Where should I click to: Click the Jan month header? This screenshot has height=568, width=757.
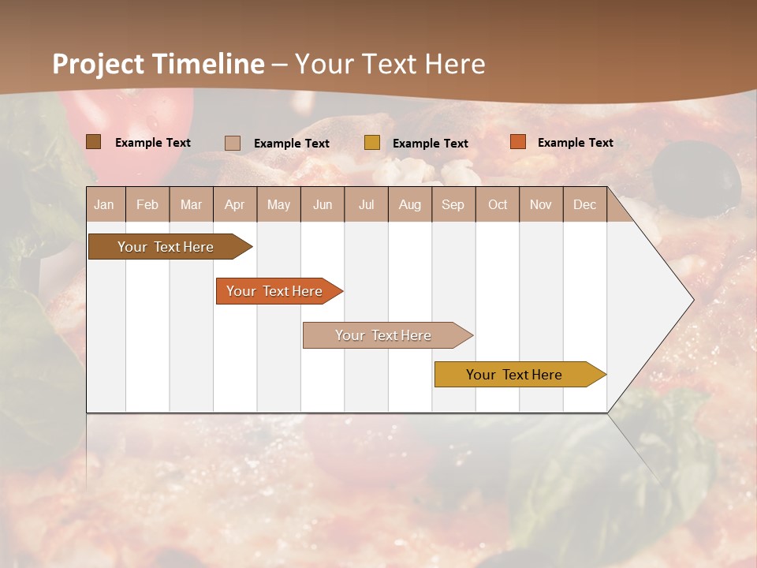click(105, 204)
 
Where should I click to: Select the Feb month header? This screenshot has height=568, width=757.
click(147, 204)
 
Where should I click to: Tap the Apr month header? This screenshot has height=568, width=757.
click(235, 204)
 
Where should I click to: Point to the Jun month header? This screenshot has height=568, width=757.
click(323, 204)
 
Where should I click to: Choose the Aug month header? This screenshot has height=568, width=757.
click(410, 204)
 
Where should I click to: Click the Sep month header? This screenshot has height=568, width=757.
click(453, 204)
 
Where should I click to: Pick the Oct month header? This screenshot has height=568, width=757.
click(498, 204)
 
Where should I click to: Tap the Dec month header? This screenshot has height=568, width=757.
click(585, 204)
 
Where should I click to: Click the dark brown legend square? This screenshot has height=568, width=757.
click(94, 142)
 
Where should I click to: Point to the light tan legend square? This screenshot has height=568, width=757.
click(233, 143)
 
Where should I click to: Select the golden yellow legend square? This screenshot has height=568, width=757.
click(372, 143)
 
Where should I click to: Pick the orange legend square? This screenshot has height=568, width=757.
click(518, 142)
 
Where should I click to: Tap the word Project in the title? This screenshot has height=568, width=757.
click(98, 64)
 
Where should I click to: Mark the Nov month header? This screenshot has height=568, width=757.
click(541, 204)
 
